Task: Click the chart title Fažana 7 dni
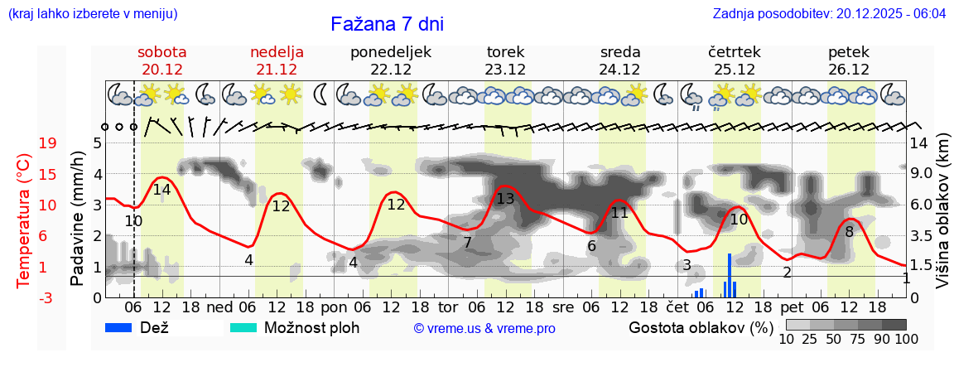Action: point(387,24)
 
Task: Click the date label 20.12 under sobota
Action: point(162,70)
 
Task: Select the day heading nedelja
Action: point(277,52)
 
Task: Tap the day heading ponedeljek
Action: point(391,52)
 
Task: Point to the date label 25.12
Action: point(735,70)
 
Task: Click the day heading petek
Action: point(849,52)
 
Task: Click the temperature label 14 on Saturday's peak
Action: point(161,190)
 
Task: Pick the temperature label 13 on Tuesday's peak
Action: point(505,199)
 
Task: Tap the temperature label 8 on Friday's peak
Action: point(849,232)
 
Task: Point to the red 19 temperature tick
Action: point(48,142)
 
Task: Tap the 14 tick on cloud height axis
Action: point(920,142)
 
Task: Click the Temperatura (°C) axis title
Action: point(25,220)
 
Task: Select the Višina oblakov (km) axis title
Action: point(943,212)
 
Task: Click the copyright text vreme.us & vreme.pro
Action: point(484,328)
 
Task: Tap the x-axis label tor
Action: point(448,307)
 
